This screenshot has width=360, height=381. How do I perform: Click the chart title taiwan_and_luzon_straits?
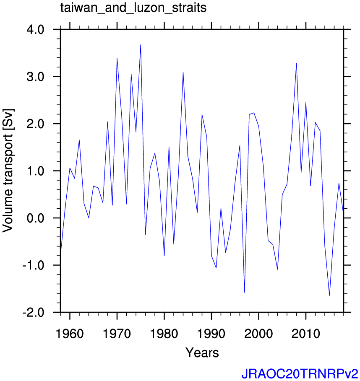point(133,8)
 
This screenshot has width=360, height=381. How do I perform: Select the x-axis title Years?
point(202,352)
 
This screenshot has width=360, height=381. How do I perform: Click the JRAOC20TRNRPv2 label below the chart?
point(300,373)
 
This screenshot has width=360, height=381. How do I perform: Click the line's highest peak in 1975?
point(141,45)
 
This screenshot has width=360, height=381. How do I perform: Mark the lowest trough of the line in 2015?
point(329,295)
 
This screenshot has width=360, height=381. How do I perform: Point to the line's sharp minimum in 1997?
point(244,292)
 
